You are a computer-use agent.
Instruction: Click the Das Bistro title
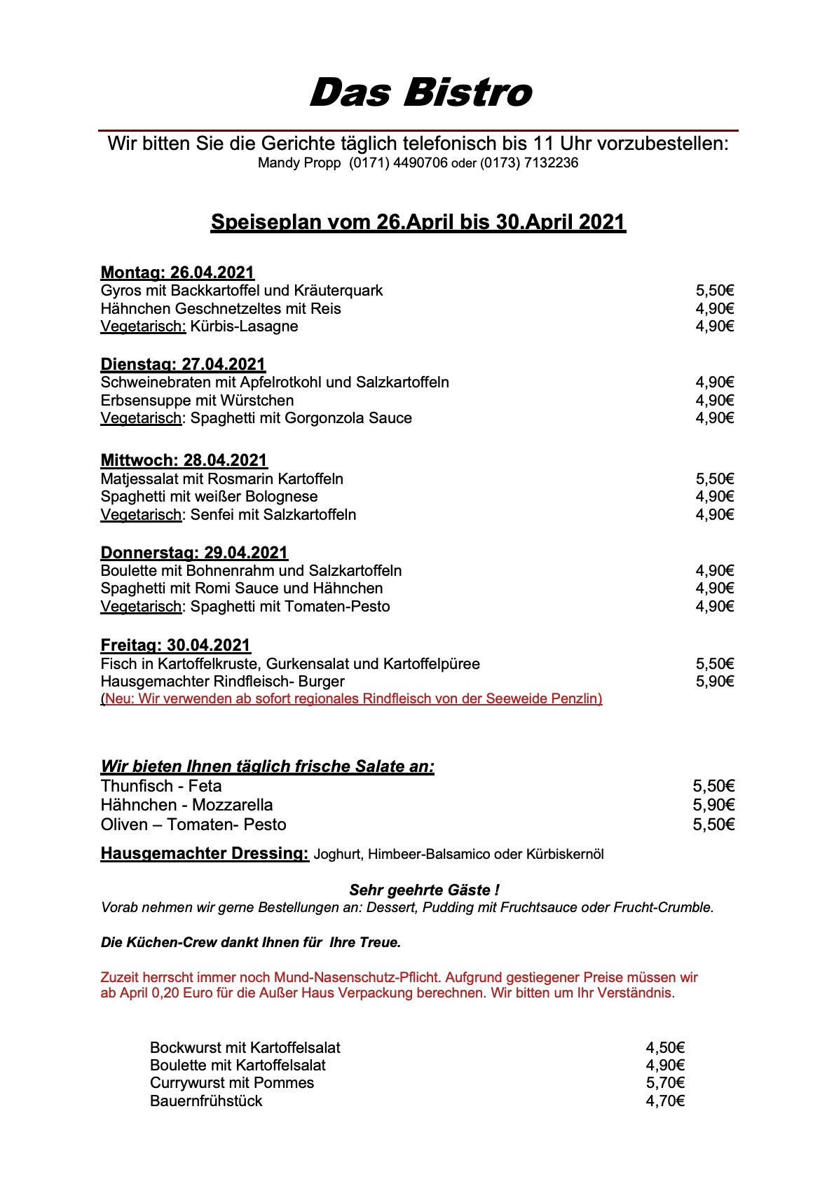point(421,93)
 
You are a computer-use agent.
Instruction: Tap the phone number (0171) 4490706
point(398,163)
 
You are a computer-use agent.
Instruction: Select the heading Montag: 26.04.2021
point(177,273)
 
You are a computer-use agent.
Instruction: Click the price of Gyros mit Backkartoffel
point(714,291)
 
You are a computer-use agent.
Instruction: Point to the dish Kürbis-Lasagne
point(244,326)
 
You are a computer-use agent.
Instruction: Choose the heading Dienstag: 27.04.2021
point(183,364)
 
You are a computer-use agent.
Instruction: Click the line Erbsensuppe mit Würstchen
point(197,401)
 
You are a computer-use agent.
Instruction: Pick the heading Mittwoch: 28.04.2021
point(184,460)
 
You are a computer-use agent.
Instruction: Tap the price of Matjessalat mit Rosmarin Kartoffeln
point(714,479)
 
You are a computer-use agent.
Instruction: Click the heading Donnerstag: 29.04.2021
point(194,553)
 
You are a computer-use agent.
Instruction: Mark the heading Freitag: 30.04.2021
point(175,645)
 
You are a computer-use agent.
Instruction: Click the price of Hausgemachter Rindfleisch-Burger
point(714,682)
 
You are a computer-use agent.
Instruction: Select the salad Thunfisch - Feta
point(161,786)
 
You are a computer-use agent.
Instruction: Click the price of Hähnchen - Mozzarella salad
point(713,805)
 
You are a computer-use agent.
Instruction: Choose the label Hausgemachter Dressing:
point(205,853)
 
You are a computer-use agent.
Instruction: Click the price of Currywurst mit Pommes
point(664,1083)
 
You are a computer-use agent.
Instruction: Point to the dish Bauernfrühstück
point(206,1101)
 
